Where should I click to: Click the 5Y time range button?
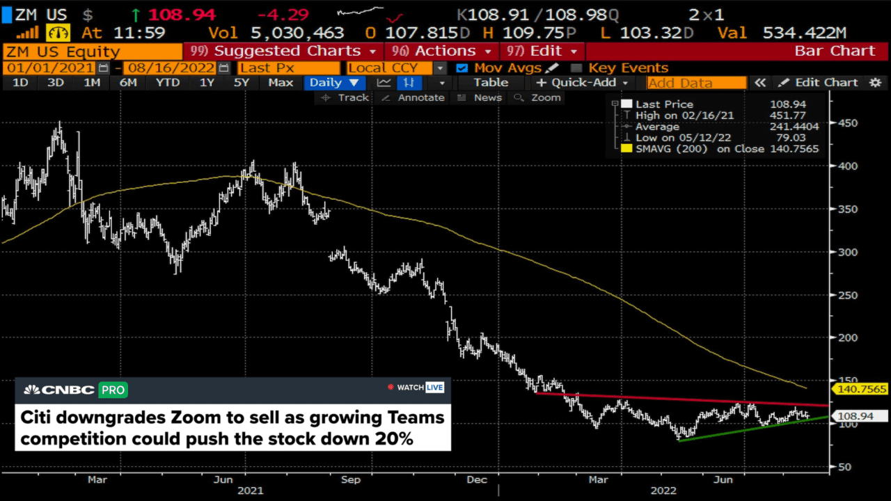[241, 82]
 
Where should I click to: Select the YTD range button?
[167, 82]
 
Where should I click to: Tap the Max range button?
[281, 82]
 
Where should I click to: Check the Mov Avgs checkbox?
[462, 67]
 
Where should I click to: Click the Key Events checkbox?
[576, 67]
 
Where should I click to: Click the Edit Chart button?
[819, 82]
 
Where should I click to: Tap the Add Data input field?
[696, 83]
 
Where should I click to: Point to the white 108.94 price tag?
[860, 416]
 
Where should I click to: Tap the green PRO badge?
[113, 390]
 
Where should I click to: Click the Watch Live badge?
[416, 387]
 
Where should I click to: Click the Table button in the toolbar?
[491, 82]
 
